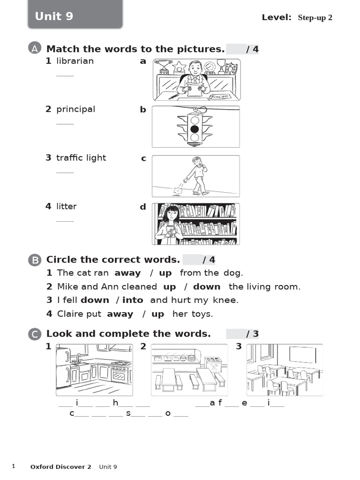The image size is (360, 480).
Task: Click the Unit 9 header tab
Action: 75,15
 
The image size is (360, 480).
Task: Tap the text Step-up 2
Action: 315,18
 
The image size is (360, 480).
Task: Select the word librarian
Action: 75,61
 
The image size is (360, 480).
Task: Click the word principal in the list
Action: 75,110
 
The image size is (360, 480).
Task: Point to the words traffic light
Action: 81,157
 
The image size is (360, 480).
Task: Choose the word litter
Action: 67,206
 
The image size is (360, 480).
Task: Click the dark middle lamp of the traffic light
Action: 195,129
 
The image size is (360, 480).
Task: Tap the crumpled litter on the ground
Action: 178,191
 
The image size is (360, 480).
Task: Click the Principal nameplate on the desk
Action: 220,97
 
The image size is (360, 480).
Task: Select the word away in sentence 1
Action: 127,273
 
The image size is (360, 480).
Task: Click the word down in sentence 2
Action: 207,287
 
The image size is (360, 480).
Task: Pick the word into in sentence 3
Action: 133,300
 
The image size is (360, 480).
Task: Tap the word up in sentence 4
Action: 157,315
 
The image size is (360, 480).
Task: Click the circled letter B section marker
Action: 35,260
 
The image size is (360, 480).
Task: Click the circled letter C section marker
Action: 35,334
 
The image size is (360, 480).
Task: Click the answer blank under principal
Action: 65,124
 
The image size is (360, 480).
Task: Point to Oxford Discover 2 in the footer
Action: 60,467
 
